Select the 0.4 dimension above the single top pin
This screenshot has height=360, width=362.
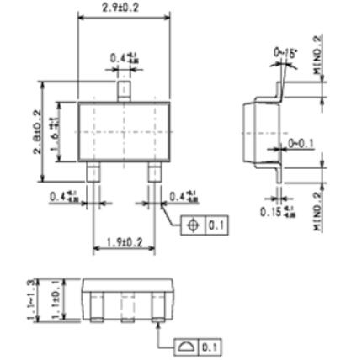[123, 58]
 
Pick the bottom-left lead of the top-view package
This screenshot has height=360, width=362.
[93, 172]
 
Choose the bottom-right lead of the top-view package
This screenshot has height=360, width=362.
[155, 172]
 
